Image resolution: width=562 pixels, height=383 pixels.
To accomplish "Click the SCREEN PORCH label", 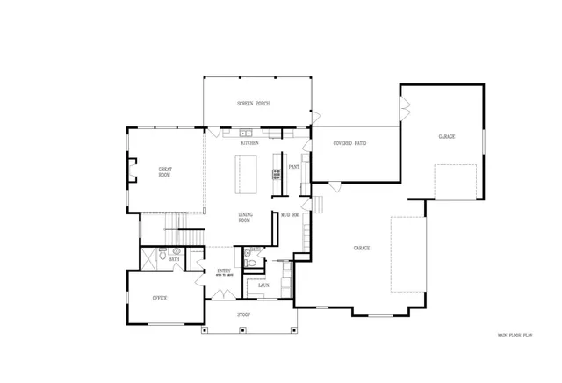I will point(252,104).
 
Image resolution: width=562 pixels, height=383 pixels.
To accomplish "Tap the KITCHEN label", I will point(250,142).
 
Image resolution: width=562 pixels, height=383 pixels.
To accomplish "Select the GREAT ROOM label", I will point(164,171).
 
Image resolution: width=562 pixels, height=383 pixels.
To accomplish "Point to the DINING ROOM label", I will point(245,218).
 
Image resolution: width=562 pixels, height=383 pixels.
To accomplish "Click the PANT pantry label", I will point(294,167).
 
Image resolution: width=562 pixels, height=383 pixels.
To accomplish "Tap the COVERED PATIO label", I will point(350,142).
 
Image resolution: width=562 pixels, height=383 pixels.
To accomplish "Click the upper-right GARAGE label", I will point(447,137).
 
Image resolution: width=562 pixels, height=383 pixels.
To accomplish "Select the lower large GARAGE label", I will point(362,249).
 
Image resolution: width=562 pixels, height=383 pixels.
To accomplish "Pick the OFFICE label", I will point(160,299).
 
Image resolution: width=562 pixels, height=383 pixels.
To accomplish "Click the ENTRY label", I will point(224,271).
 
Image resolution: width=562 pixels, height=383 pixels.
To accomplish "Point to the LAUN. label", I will point(263,285).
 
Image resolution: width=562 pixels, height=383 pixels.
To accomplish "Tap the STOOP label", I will point(243,314).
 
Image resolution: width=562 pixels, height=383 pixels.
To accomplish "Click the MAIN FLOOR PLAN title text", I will point(515,336).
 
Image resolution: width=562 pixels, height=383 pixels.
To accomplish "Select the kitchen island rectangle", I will point(245,175).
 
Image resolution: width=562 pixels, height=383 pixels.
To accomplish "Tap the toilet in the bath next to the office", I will point(176,252).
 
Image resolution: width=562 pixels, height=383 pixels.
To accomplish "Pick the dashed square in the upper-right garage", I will point(456,181).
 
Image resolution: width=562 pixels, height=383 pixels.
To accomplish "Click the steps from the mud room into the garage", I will point(319,205).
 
